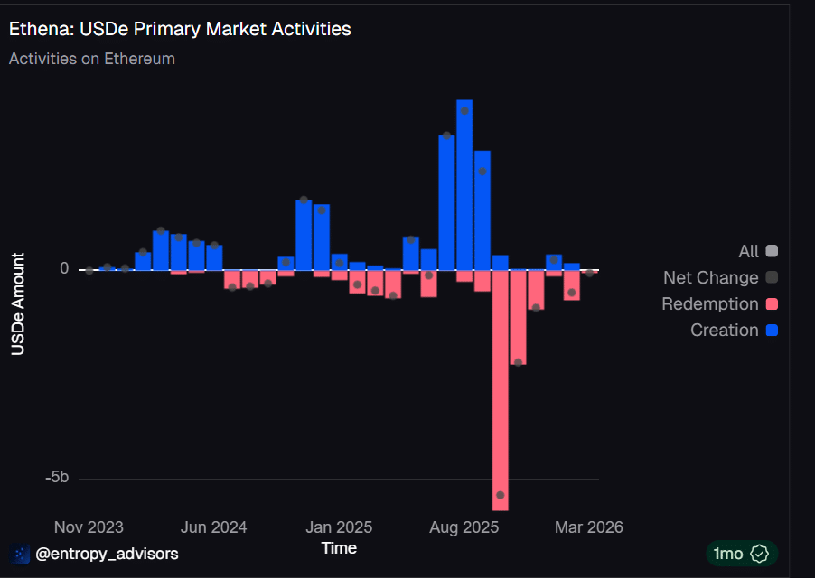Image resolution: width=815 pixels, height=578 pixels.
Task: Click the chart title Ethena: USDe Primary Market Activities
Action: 180,29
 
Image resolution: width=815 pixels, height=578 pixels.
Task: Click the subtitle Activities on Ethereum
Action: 91,59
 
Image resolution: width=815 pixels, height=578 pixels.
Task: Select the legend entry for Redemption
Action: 710,304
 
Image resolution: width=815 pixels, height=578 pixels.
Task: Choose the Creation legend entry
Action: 725,331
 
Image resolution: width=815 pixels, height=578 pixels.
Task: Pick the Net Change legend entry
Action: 711,278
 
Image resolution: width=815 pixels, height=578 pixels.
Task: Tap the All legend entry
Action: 748,252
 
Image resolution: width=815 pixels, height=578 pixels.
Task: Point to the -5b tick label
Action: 56,478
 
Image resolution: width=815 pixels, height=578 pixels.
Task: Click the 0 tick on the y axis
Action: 64,268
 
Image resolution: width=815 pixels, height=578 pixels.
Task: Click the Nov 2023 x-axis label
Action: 89,527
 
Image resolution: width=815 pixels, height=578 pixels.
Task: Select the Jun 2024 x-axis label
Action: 213,527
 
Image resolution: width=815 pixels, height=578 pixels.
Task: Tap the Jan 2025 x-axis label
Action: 338,527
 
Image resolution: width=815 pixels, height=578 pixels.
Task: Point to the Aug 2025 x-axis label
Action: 464,527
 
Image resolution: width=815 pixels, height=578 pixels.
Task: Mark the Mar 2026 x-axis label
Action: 588,527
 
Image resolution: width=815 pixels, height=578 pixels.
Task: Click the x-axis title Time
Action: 339,548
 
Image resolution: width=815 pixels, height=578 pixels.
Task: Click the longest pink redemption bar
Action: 500,379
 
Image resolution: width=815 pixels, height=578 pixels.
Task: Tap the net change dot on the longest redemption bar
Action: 501,496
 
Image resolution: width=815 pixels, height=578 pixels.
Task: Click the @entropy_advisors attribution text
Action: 107,554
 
